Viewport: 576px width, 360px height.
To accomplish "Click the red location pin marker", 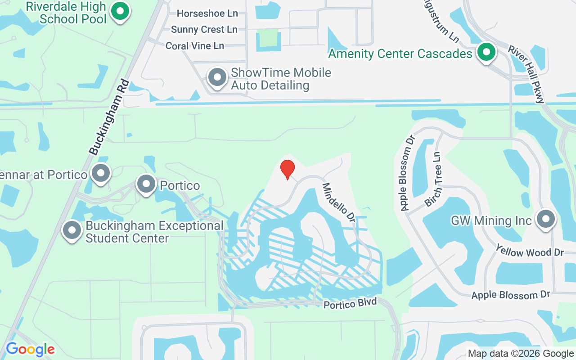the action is [288, 169].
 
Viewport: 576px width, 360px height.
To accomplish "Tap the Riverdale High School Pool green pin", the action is [120, 12].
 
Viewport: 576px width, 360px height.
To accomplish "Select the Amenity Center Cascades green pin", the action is [486, 52].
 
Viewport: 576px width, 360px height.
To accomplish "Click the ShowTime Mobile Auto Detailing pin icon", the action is [217, 77].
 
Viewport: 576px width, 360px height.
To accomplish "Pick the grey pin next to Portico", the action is [146, 184].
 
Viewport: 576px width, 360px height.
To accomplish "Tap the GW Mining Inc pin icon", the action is [546, 219].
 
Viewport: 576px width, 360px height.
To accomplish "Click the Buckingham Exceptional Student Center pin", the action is [72, 230].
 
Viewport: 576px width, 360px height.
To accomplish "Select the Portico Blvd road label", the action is [350, 303].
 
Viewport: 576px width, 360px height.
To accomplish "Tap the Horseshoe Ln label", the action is [207, 13].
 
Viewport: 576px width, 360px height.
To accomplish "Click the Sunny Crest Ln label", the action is [204, 30].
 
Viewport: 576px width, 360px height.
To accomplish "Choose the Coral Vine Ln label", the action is [194, 46].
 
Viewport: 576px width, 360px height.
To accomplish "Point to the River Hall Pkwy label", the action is [527, 74].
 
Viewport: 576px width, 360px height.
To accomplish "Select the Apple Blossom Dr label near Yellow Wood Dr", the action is [511, 295].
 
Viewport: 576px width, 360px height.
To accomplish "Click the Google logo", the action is [30, 349].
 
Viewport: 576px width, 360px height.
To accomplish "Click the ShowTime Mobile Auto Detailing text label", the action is [281, 79].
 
